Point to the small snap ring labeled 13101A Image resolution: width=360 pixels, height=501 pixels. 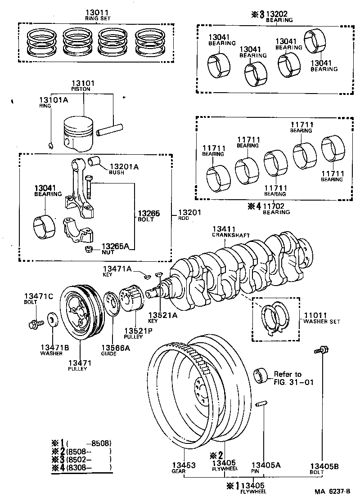click(x=51, y=145)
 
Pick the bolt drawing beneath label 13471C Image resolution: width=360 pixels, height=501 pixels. click(x=35, y=322)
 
